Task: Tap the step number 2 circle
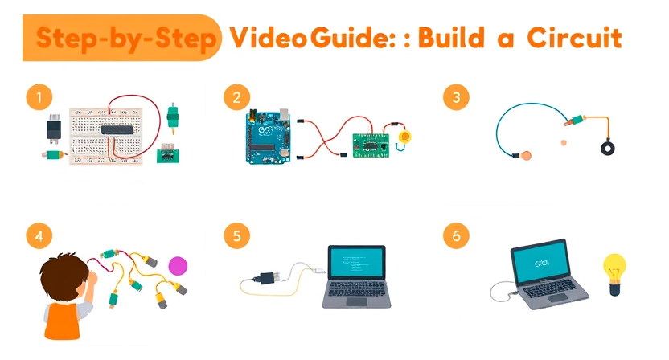(236, 98)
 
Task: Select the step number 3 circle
(456, 98)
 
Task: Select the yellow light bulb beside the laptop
(615, 268)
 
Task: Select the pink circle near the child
(178, 265)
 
